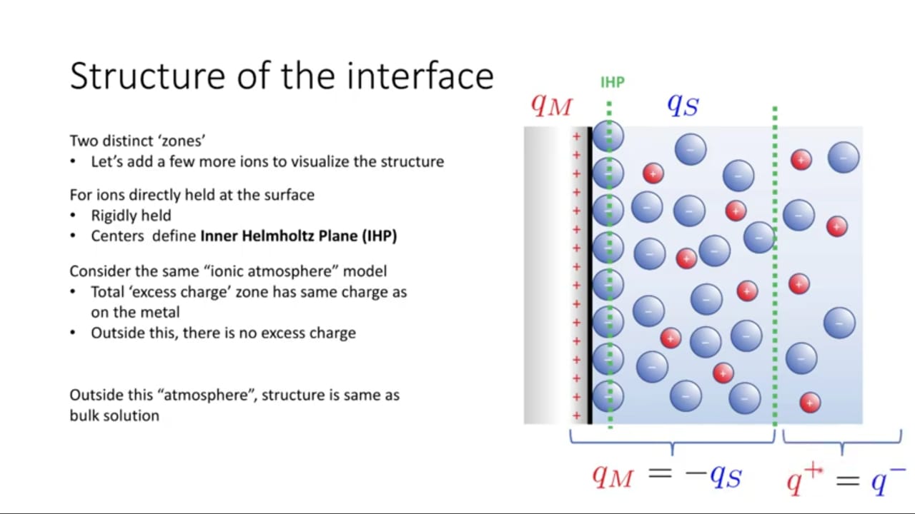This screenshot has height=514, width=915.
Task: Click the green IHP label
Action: (613, 82)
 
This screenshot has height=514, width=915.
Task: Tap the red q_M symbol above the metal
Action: (551, 106)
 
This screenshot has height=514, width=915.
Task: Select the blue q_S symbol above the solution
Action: (683, 105)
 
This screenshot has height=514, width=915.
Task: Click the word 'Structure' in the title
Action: (147, 76)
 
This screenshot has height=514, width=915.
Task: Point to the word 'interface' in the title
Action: (420, 76)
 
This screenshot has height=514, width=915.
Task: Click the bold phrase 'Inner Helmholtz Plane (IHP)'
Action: (299, 236)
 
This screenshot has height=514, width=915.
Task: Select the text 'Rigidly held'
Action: (131, 216)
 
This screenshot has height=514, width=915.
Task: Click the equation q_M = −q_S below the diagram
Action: (667, 475)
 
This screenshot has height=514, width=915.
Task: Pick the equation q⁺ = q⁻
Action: (846, 480)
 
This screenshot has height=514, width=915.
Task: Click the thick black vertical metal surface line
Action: (590, 276)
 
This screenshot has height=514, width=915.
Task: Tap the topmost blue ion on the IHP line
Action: (608, 136)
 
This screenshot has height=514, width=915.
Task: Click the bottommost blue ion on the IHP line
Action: (608, 396)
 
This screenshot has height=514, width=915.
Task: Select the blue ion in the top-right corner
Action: (844, 158)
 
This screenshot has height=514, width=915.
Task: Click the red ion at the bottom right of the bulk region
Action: (810, 403)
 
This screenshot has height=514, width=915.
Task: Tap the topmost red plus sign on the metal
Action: (576, 136)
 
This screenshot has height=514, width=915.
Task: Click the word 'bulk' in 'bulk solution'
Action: (84, 415)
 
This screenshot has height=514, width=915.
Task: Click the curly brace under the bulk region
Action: (842, 442)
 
